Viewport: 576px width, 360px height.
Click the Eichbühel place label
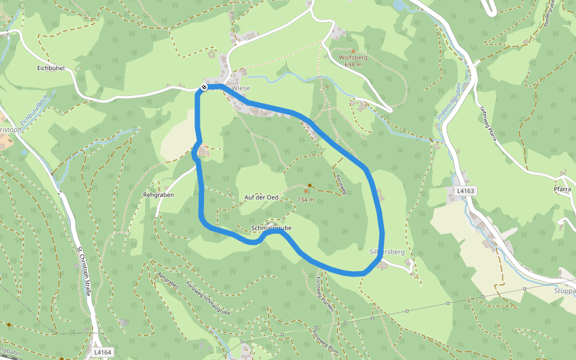pyautogui.click(x=50, y=68)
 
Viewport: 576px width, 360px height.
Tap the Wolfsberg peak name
pyautogui.click(x=353, y=58)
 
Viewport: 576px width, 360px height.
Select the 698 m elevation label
pyautogui.click(x=353, y=65)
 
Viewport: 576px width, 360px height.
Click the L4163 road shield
pyautogui.click(x=466, y=191)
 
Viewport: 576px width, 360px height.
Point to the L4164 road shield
pyautogui.click(x=103, y=353)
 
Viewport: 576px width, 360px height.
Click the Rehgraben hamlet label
pyautogui.click(x=158, y=195)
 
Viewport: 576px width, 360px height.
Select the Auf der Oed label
pyautogui.click(x=262, y=197)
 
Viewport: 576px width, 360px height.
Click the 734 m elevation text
pyautogui.click(x=306, y=199)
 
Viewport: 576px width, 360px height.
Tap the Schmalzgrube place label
pyautogui.click(x=272, y=229)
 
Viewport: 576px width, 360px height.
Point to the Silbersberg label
pyautogui.click(x=387, y=253)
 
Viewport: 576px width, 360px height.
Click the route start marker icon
pyautogui.click(x=204, y=88)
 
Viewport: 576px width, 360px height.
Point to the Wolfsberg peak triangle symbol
pyautogui.click(x=353, y=51)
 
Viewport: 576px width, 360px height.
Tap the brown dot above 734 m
pyautogui.click(x=310, y=185)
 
